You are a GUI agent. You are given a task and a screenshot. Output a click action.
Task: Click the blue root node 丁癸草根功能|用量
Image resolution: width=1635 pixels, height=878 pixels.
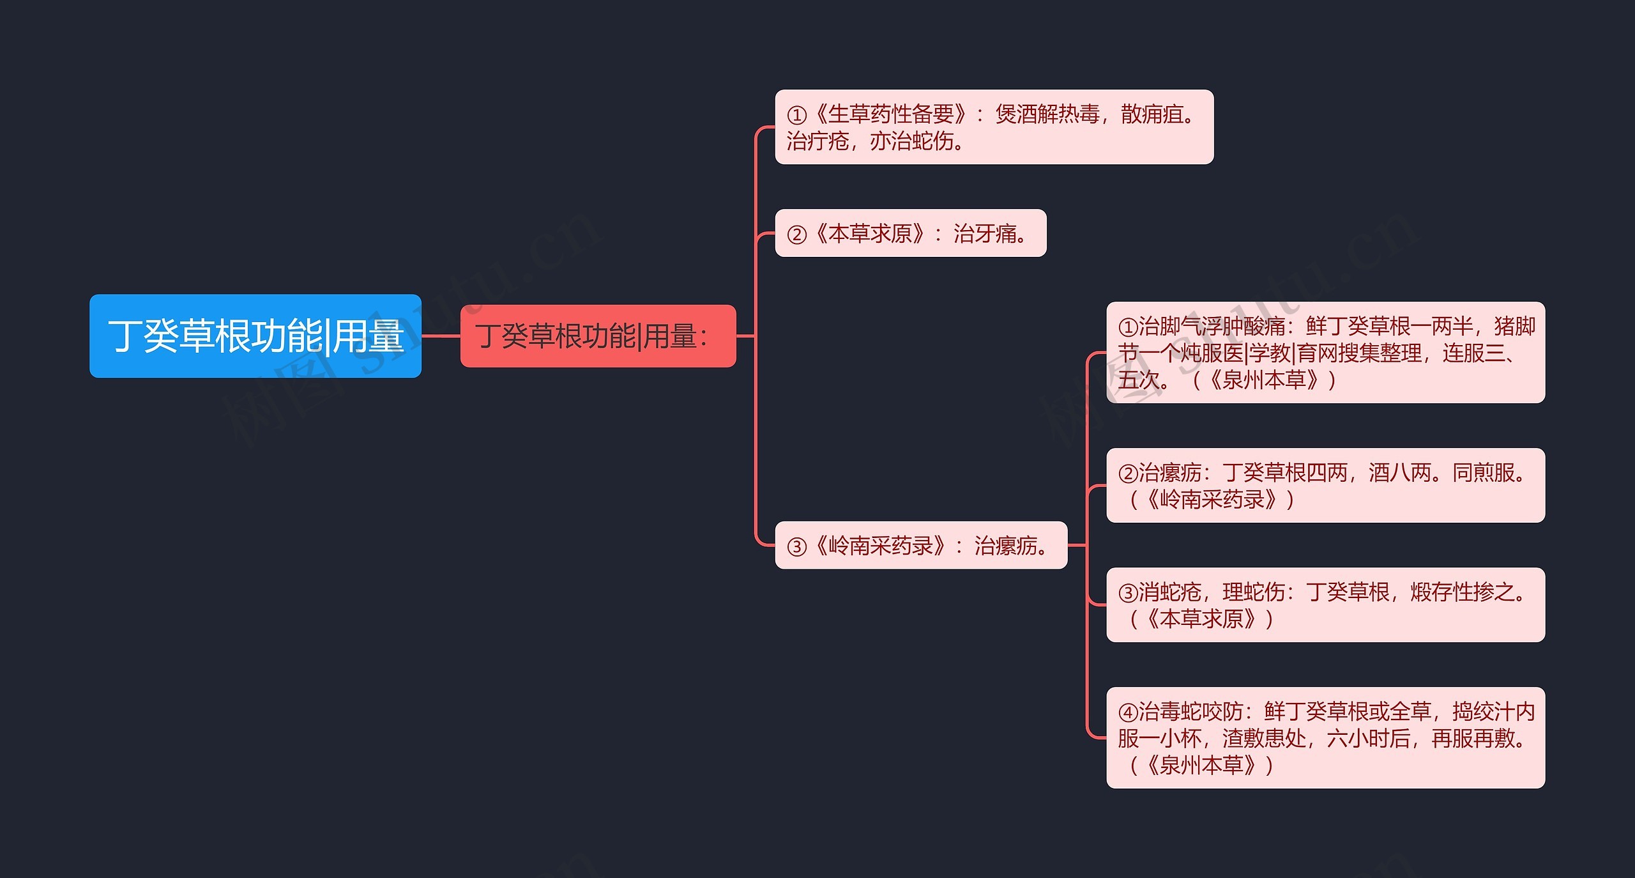click(255, 335)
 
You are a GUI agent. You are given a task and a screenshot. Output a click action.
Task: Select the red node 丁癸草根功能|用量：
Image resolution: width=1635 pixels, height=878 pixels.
click(598, 335)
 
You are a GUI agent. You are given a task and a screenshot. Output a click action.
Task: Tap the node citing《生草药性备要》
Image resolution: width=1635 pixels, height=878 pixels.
click(994, 127)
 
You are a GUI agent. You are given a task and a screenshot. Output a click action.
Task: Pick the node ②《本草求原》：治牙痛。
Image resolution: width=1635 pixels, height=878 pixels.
click(910, 233)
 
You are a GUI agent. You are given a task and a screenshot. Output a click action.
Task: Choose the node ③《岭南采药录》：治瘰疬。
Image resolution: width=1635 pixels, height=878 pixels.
click(920, 545)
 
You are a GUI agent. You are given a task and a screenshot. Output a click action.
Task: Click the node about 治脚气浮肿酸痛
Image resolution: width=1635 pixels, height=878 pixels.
click(1325, 352)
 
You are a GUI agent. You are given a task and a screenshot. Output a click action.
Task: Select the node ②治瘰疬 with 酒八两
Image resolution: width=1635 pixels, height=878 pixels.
click(1325, 485)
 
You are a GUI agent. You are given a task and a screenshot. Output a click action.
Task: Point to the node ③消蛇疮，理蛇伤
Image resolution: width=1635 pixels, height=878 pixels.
click(1325, 605)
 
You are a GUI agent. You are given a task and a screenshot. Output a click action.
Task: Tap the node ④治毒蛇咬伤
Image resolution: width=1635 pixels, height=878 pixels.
click(1325, 737)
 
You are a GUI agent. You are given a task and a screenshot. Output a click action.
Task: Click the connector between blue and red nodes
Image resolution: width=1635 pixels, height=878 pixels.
click(441, 335)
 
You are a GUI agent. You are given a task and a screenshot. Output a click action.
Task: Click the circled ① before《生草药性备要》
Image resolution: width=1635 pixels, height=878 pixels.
click(796, 116)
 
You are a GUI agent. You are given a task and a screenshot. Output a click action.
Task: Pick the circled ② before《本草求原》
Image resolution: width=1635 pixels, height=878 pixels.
click(796, 235)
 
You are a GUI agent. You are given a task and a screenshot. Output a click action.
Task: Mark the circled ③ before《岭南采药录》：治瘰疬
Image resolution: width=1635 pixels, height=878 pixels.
click(796, 546)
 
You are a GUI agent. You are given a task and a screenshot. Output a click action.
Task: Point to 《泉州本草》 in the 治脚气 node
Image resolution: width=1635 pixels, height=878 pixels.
click(1264, 380)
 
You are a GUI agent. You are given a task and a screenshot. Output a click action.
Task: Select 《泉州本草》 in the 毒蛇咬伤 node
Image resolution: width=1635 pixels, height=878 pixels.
click(1201, 765)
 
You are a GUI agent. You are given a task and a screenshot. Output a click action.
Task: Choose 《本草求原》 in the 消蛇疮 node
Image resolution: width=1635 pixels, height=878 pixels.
click(1201, 619)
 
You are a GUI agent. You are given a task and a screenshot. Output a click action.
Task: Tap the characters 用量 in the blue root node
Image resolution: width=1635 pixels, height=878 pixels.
click(368, 336)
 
